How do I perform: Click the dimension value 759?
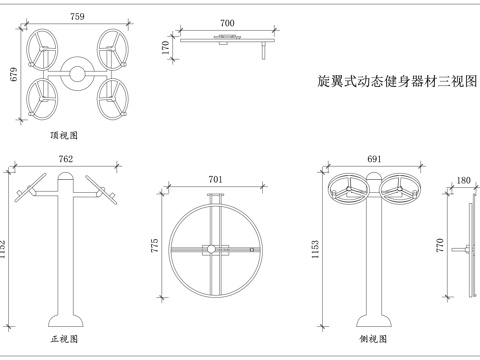(x=77, y=16)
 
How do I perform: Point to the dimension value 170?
(x=164, y=46)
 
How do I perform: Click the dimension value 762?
(x=65, y=159)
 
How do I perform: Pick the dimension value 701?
(x=215, y=180)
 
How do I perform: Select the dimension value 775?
(x=156, y=245)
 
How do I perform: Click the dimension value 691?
(x=375, y=159)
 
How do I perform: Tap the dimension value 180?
(x=463, y=181)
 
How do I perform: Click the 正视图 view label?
(x=65, y=340)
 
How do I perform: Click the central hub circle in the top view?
(x=77, y=72)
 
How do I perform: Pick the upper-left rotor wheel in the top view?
(x=43, y=46)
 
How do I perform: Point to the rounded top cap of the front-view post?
(x=65, y=179)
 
